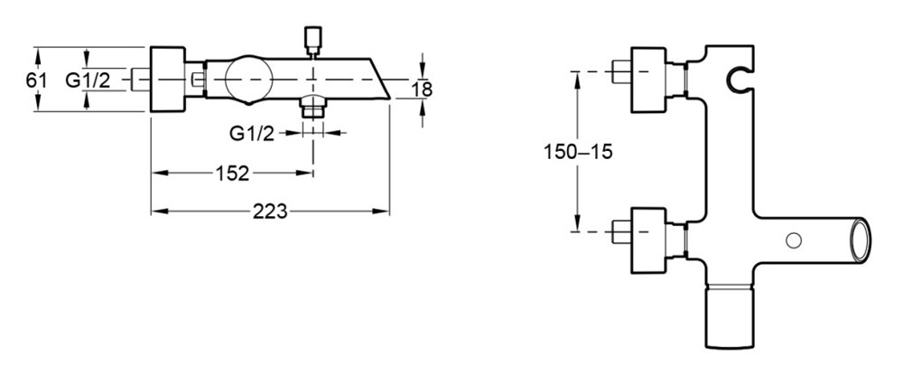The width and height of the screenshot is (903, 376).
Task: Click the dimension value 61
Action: pos(36,80)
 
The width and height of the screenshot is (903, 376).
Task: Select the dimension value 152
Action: pos(233,173)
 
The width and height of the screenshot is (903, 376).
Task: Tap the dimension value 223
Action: pos(270,211)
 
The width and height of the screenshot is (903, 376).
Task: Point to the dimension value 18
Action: pos(422,89)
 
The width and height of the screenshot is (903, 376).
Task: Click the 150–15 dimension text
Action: pos(578,152)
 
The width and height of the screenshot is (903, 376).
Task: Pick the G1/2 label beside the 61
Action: pos(88,80)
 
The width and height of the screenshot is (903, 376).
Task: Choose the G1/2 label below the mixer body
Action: pos(252,133)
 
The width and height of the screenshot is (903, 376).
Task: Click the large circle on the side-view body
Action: pos(249,79)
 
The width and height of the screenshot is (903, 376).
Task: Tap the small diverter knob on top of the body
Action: pos(313,41)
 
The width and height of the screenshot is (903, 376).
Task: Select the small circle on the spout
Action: pos(794,240)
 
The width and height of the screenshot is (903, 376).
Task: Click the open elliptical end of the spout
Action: pos(861,241)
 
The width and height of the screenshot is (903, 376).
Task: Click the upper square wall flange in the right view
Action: pos(649,80)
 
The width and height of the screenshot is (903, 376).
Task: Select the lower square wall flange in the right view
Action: pos(649,240)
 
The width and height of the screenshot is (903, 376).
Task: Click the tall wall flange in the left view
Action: pos(168,79)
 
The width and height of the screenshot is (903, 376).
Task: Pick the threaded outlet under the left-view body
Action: pos(312,108)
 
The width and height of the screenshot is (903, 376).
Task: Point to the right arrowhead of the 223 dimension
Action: pos(382,211)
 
